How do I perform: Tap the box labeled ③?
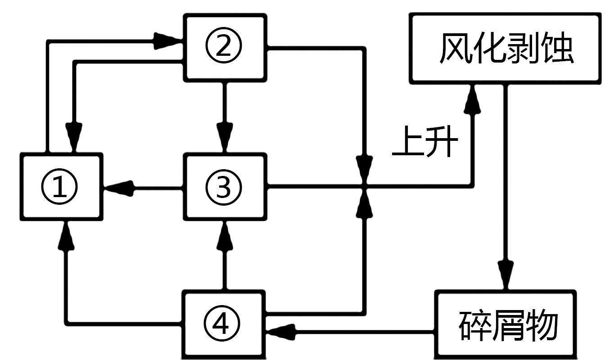(224, 186)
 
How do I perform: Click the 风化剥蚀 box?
(505, 48)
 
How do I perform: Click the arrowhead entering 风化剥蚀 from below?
(473, 98)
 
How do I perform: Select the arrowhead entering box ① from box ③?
(119, 188)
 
